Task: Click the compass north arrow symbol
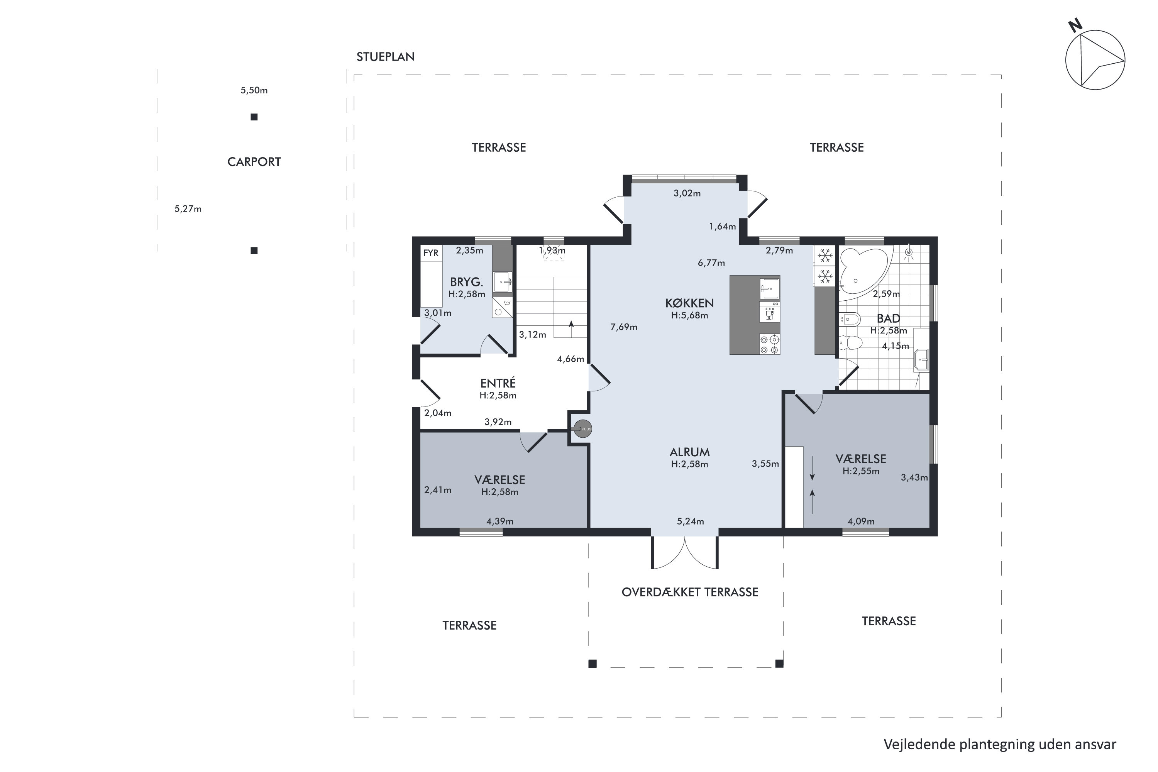click(1095, 59)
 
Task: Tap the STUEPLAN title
click(386, 57)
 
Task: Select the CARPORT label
click(254, 162)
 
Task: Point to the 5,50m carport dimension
click(254, 90)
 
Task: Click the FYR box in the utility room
click(431, 253)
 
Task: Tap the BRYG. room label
click(466, 282)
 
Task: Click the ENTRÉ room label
click(498, 383)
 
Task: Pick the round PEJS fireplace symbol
click(583, 429)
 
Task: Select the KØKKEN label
click(689, 303)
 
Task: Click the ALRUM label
click(690, 452)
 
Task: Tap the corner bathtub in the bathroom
click(865, 273)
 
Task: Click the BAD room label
click(888, 318)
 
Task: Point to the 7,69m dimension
click(624, 327)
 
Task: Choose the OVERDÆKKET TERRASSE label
click(690, 592)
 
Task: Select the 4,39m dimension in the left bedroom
click(500, 521)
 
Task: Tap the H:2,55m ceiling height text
click(861, 471)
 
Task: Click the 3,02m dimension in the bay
click(687, 193)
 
